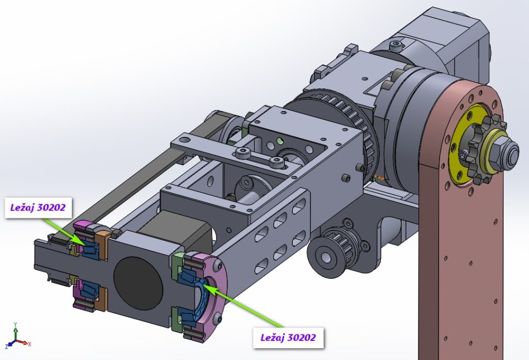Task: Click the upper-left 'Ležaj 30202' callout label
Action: [38, 208]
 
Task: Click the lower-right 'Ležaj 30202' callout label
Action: [288, 337]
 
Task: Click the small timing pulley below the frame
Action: [334, 248]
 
